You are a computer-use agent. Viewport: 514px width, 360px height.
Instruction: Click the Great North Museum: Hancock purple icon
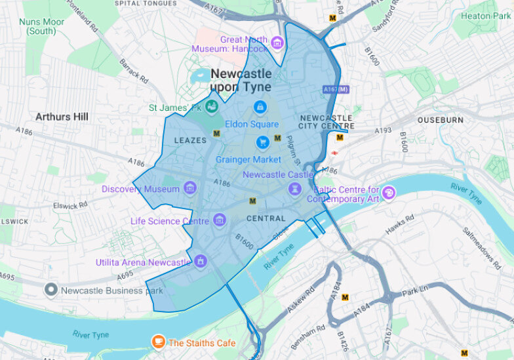(x=277, y=44)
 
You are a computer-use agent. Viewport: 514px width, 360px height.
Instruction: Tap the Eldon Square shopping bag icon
(x=260, y=106)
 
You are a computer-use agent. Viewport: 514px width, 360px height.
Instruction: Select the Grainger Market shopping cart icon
(x=263, y=142)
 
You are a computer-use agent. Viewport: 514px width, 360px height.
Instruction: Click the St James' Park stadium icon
(x=211, y=105)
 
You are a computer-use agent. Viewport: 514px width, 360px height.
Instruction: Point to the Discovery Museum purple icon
(x=190, y=189)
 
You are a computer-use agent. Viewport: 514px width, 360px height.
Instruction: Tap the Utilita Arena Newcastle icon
(x=201, y=261)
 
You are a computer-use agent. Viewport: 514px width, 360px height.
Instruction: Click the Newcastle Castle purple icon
(x=295, y=189)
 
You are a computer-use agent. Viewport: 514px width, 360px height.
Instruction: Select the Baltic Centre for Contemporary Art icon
(x=390, y=191)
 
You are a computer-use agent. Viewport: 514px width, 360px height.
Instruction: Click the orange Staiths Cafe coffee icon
(x=158, y=342)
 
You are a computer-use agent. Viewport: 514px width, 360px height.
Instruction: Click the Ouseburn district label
(x=441, y=120)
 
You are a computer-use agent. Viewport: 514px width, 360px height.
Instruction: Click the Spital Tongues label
(x=146, y=3)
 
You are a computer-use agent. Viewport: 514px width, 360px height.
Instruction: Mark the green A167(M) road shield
(x=336, y=89)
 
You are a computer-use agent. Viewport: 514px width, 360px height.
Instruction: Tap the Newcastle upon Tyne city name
(x=241, y=81)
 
